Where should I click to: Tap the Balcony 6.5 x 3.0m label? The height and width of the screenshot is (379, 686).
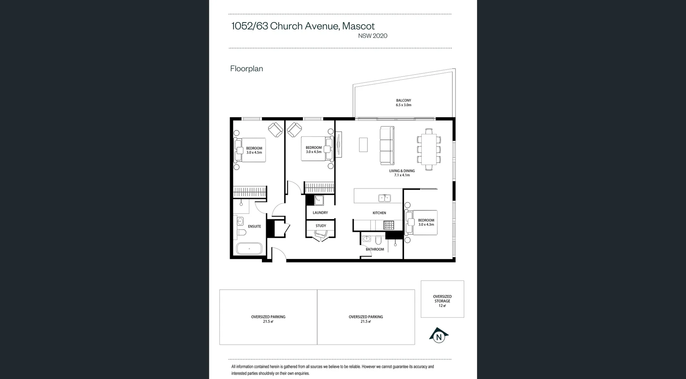[x=403, y=103]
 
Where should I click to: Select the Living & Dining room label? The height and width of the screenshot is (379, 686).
[x=402, y=173]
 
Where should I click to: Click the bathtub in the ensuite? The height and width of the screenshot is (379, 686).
[x=249, y=249]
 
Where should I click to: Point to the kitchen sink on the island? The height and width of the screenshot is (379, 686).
[x=384, y=198]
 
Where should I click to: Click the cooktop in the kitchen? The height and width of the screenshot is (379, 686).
[x=389, y=225]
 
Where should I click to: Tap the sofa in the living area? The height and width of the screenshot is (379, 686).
[x=387, y=145]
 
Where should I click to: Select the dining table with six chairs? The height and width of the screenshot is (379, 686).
[x=428, y=149]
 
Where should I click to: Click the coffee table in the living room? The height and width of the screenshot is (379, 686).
[x=363, y=145]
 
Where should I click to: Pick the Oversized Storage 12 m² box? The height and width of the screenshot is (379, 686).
[x=442, y=299]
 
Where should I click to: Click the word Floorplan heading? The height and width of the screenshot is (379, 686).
[x=247, y=69]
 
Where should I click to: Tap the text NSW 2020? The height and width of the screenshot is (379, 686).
[x=373, y=36]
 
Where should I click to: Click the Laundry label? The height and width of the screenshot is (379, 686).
[x=320, y=213]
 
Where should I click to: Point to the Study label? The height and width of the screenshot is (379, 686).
[x=321, y=226]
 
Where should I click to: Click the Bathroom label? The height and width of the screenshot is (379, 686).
[x=375, y=249]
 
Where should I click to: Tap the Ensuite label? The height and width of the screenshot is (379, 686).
[x=254, y=226]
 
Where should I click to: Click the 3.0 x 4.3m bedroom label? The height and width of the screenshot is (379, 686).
[x=426, y=222]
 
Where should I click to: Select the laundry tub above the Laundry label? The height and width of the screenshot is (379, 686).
[x=319, y=200]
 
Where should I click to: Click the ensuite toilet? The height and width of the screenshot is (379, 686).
[x=242, y=233]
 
